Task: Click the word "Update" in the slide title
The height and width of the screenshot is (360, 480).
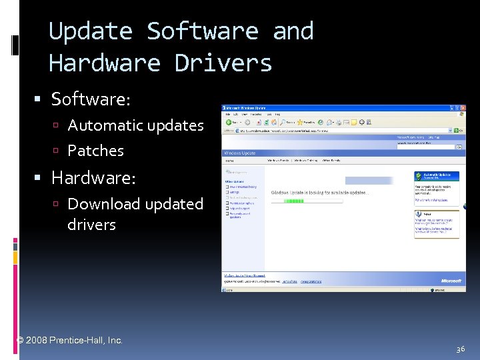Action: point(91,31)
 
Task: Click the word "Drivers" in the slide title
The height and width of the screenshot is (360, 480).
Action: point(223,63)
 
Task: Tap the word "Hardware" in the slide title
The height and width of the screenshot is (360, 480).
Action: point(104,63)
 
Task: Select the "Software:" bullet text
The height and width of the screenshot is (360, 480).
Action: point(91,99)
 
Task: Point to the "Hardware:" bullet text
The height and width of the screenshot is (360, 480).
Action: point(93,178)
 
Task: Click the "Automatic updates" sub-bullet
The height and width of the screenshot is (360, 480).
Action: point(135,125)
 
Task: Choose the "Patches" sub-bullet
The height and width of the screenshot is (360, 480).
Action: point(95,151)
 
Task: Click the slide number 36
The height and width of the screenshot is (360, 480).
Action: point(461,349)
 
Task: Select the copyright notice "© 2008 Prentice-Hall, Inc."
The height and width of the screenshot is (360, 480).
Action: point(69,340)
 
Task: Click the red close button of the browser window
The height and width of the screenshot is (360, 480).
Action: point(461,107)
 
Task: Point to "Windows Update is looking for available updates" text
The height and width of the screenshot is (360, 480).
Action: point(319,193)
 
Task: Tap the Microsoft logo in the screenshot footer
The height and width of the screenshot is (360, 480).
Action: point(450,281)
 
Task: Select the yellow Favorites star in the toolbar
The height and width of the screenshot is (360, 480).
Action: point(299,123)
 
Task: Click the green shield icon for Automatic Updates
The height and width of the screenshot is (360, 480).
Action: point(419,177)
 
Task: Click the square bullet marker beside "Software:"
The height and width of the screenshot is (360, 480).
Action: point(38,100)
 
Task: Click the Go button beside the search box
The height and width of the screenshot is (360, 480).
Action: point(459,147)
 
